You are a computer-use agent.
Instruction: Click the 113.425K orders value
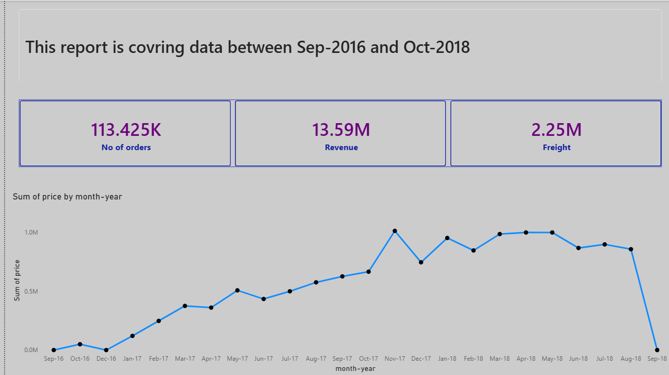pos(126,130)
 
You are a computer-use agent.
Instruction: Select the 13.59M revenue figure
pos(341,130)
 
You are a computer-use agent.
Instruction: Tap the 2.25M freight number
pos(557,130)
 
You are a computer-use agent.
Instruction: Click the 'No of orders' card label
pos(126,148)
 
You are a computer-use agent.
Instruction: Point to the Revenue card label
pos(341,148)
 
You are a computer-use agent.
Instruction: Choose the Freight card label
pos(557,148)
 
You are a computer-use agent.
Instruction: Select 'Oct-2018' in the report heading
pos(437,47)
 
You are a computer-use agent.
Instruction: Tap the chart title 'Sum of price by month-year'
pos(67,197)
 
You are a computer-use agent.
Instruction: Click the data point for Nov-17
pos(395,231)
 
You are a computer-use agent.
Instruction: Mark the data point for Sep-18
pos(657,350)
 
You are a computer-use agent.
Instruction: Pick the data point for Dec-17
pos(421,263)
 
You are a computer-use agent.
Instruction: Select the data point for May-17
pos(238,291)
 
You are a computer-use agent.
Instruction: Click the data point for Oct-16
pos(80,344)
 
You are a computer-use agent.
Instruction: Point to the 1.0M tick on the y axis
pos(31,233)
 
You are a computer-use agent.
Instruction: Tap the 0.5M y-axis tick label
pos(31,292)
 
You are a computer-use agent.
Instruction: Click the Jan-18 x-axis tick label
pos(447,359)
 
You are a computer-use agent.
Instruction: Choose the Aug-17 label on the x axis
pos(316,359)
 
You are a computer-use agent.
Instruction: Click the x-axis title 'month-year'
pos(356,369)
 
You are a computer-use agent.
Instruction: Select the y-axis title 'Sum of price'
pos(17,280)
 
